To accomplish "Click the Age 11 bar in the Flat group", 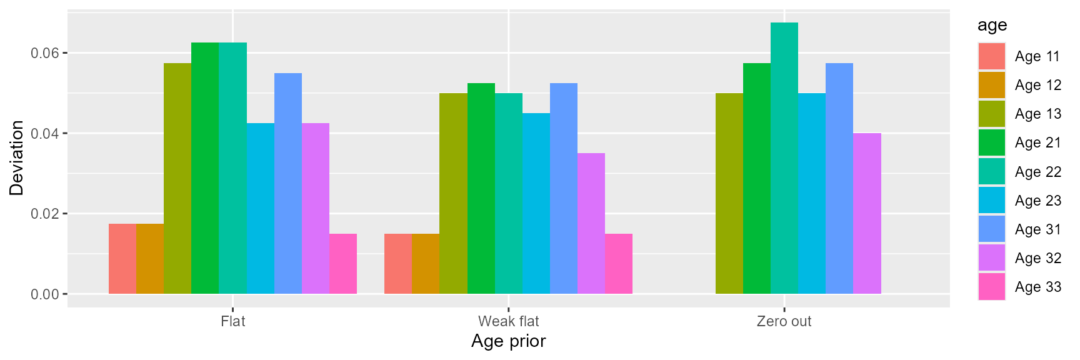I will tap(122, 259).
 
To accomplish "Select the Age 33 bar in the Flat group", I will tap(343, 264).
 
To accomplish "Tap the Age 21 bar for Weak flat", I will tap(481, 188).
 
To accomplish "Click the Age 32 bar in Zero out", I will tap(867, 213).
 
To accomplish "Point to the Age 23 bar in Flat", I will tap(261, 208).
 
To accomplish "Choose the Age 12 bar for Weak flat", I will tap(426, 264).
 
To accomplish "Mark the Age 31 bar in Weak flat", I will tap(564, 188).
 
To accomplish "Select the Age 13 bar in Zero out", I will tap(729, 193).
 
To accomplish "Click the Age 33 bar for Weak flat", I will tap(619, 264).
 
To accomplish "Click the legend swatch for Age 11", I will tap(992, 56).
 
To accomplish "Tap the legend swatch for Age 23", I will tap(992, 201).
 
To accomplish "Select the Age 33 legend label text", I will tap(1037, 287).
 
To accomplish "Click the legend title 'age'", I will tap(992, 25).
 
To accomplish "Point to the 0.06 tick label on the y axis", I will tap(45, 53).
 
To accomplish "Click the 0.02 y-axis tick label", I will tap(45, 214).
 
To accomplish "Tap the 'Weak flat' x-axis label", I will tap(508, 321).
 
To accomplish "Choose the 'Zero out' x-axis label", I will tap(784, 321).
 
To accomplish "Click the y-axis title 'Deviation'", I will tap(16, 157).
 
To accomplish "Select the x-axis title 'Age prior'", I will tap(508, 341).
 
